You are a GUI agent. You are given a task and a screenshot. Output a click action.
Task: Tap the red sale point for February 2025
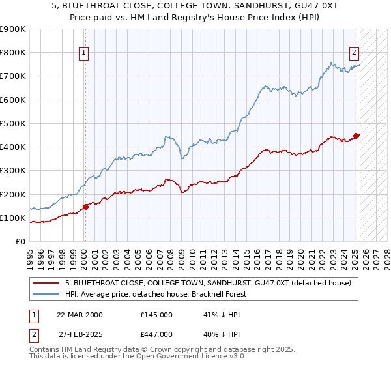(x=356, y=136)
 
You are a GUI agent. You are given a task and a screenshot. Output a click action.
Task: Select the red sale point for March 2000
(x=85, y=207)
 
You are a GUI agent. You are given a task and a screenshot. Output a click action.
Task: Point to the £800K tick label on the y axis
(x=13, y=52)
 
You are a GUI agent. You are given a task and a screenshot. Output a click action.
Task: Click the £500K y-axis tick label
(x=13, y=123)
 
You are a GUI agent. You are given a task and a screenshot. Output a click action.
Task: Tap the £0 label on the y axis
(x=20, y=242)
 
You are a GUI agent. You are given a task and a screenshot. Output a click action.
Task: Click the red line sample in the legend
(x=46, y=283)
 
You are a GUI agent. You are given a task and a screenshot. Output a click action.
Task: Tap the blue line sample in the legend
(x=46, y=294)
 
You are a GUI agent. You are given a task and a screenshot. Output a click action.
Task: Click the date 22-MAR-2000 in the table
(x=80, y=314)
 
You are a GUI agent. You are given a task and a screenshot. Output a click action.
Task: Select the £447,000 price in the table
(x=156, y=334)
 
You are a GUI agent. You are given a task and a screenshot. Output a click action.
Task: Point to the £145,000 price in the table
(x=156, y=314)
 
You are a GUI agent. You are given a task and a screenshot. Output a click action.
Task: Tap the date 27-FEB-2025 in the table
(x=80, y=334)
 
